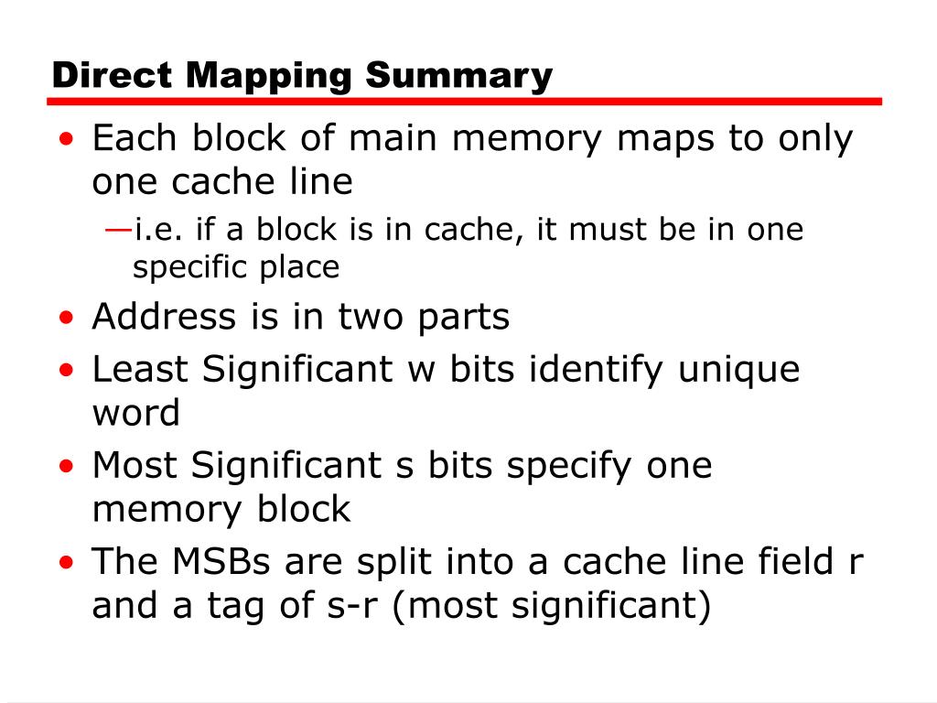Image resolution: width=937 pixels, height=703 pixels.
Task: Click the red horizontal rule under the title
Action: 467,102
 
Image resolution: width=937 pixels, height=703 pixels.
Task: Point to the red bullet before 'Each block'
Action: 67,141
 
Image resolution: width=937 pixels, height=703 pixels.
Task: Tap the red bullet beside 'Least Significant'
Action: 67,372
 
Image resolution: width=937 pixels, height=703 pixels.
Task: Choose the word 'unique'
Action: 738,370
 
